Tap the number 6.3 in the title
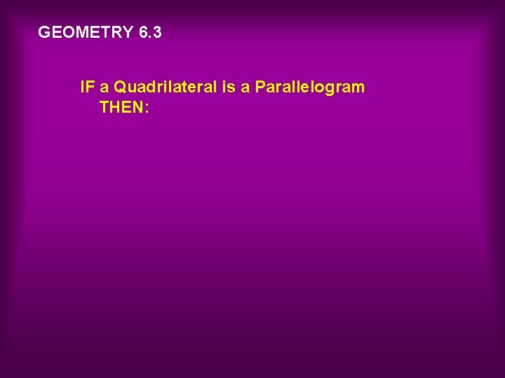[x=150, y=32]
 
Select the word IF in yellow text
[x=87, y=87]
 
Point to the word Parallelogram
[x=309, y=88]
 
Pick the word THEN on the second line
[x=121, y=108]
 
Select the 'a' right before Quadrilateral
[x=105, y=88]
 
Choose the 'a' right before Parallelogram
[x=245, y=88]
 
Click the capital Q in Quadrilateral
[x=120, y=87]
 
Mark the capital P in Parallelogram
[x=260, y=87]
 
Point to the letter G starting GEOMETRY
[x=44, y=32]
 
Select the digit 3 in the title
[x=157, y=32]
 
